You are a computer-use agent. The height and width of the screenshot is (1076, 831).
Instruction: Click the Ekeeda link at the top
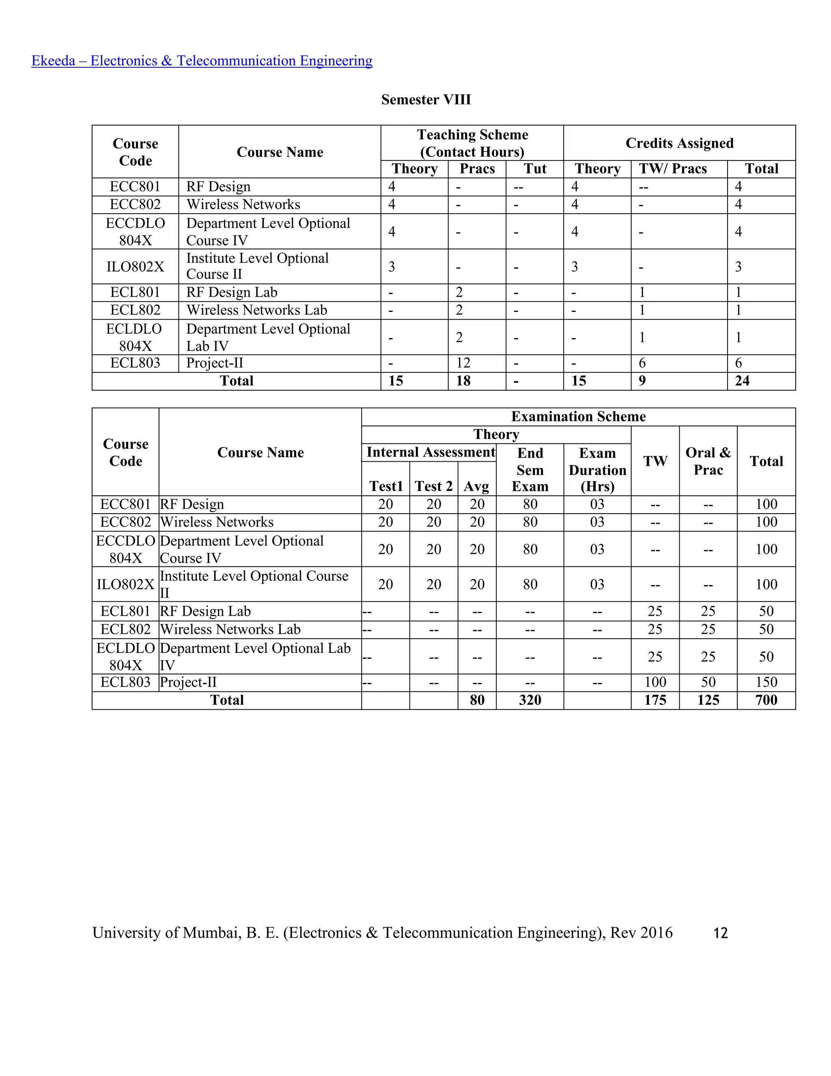click(x=202, y=60)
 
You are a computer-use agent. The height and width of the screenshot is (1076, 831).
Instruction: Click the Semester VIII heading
click(x=426, y=99)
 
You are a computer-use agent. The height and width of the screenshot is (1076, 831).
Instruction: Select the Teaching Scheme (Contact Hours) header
click(x=472, y=143)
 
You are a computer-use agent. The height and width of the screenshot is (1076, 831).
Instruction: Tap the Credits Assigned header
click(x=679, y=143)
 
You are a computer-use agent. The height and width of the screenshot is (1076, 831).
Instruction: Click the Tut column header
click(x=535, y=169)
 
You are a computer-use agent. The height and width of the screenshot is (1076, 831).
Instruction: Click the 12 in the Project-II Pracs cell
click(x=463, y=363)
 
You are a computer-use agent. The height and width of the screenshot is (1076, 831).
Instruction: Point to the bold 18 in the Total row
click(x=463, y=381)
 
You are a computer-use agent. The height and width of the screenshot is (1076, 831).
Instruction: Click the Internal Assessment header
click(x=430, y=452)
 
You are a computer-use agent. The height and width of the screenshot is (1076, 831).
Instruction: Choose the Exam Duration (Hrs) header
click(x=597, y=470)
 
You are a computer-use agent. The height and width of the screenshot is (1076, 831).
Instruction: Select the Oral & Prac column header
click(x=708, y=461)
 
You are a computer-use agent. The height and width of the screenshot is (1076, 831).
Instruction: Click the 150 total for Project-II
click(x=766, y=683)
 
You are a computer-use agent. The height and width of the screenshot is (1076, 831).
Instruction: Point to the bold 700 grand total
click(x=766, y=700)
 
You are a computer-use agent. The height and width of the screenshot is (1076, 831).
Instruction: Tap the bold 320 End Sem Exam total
click(x=530, y=700)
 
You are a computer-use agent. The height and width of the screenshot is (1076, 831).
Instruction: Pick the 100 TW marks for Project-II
click(x=655, y=683)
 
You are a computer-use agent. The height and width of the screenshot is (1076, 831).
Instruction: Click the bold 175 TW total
click(x=655, y=700)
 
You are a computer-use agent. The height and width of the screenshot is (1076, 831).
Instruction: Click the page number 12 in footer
click(x=720, y=933)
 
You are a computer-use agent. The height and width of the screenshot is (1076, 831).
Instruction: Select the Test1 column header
click(x=386, y=486)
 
